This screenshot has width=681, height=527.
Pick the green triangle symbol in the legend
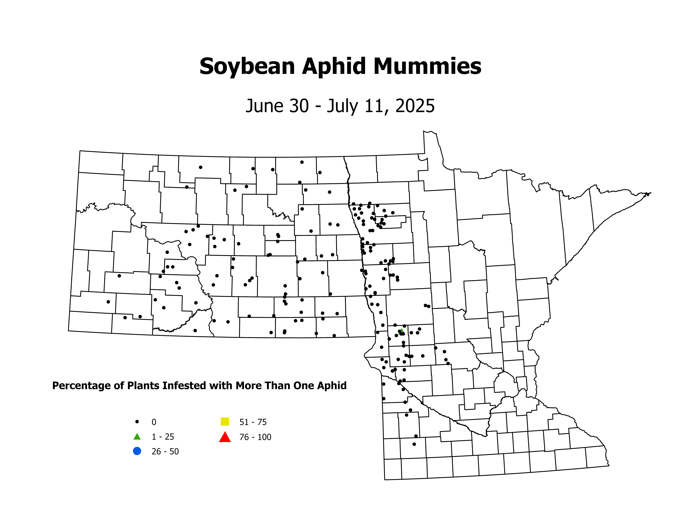coord(137,436)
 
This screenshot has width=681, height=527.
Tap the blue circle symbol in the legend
coord(137,451)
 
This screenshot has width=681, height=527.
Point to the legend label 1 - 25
coord(163,437)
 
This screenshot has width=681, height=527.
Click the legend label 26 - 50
coord(165,451)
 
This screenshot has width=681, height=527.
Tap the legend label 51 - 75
coord(253,422)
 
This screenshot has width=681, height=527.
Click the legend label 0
coord(154,422)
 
